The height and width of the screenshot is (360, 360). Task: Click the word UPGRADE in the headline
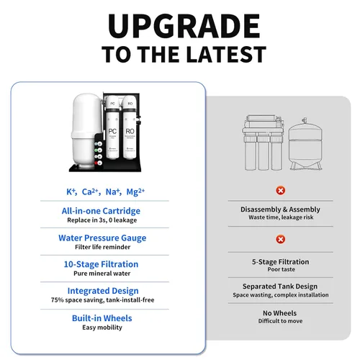coord(184,26)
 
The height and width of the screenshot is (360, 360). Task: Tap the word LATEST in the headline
coord(226,55)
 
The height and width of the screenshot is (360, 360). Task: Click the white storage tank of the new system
coord(85,131)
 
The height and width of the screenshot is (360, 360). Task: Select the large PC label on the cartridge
coord(112,131)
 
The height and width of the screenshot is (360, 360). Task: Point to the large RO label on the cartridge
coord(130,131)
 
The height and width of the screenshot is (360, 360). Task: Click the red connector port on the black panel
coord(96,163)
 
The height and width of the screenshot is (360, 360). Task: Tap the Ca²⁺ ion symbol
coord(90,192)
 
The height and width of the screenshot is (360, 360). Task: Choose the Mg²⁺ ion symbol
coord(135,192)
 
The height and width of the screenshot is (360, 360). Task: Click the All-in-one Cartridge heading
coord(101,211)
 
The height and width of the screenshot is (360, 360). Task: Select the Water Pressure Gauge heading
coord(102,238)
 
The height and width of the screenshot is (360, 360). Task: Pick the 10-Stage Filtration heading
coord(101,264)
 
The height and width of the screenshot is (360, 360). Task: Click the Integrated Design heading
coord(103,291)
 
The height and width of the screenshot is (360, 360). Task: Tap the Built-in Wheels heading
coord(102,318)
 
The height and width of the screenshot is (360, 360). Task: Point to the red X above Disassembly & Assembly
coord(280,191)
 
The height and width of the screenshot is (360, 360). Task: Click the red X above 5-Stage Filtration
coord(280,239)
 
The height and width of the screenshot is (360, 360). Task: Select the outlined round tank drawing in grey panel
coord(305,144)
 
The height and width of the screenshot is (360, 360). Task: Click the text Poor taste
coord(282,269)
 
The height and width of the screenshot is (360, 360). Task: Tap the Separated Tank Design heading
coord(280,287)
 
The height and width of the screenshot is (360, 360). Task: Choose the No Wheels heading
coord(279,313)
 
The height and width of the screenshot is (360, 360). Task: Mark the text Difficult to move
coord(280,321)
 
